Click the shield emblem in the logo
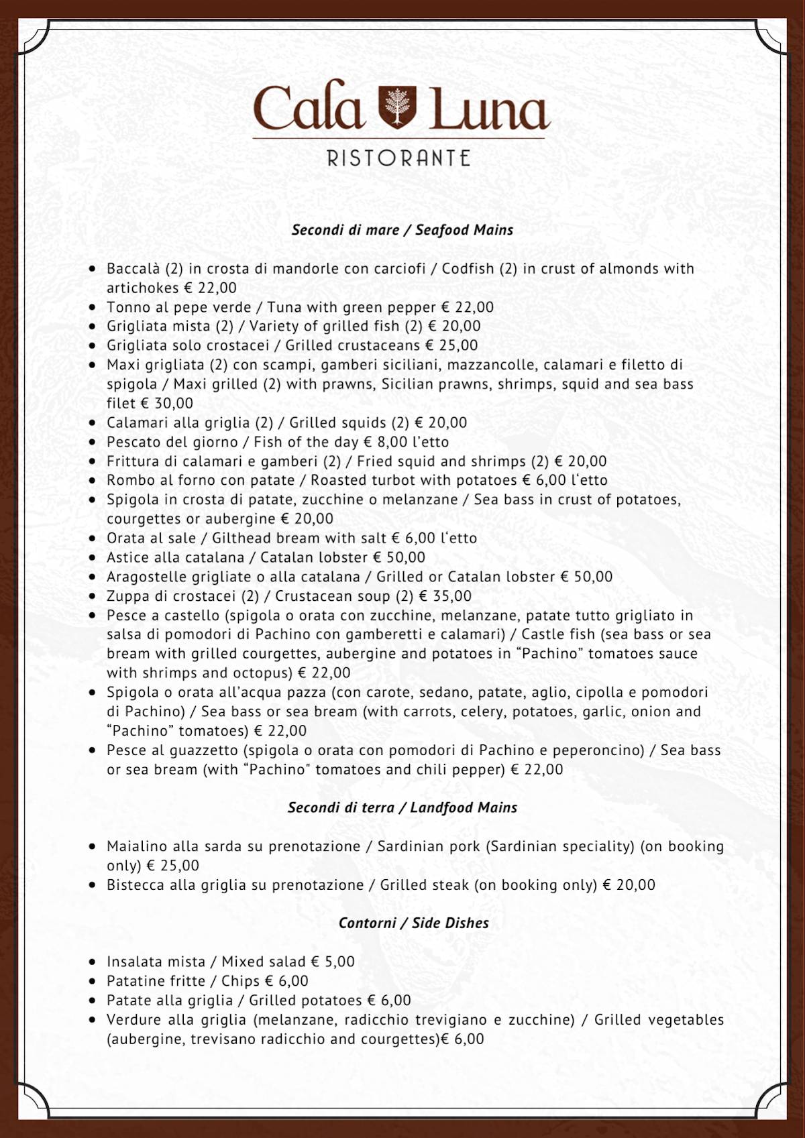pos(398,107)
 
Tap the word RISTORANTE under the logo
pos(398,159)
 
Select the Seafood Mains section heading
pos(402,230)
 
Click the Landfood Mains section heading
pos(402,807)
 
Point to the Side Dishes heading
pos(413,923)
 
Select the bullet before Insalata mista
pos(93,962)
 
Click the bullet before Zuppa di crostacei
pos(93,596)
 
